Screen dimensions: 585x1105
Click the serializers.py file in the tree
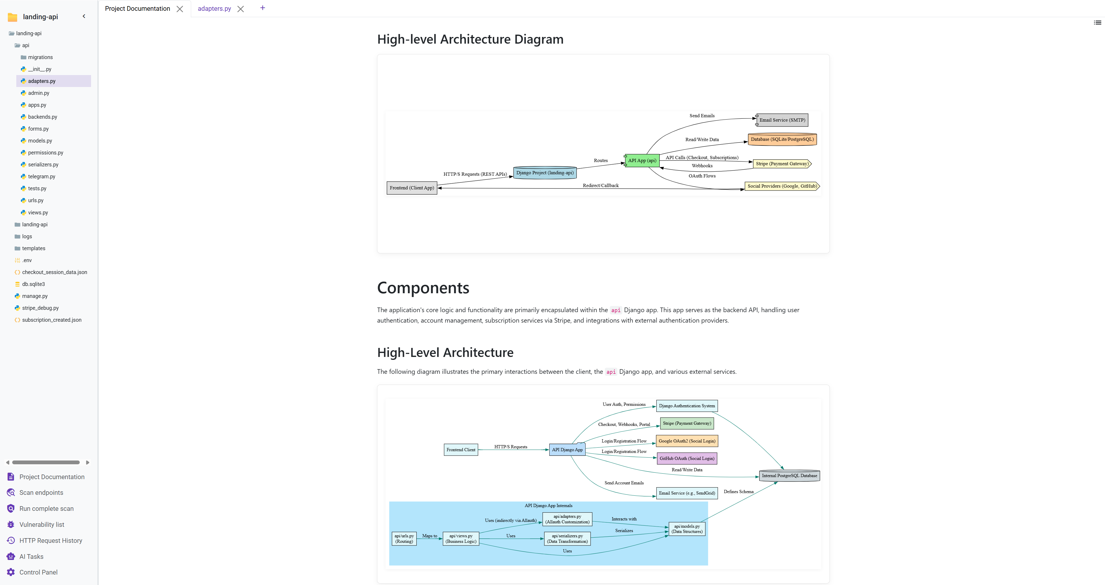(43, 165)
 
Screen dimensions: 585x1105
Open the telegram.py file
(42, 177)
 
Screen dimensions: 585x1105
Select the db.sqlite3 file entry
(33, 284)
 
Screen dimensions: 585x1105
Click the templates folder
(33, 248)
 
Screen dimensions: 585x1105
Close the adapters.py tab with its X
(241, 9)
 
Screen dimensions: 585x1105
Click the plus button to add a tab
(262, 8)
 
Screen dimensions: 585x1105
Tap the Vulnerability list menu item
(42, 524)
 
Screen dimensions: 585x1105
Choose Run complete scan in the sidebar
(46, 509)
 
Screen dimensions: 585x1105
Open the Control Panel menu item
(38, 572)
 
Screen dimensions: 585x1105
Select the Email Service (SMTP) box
(782, 120)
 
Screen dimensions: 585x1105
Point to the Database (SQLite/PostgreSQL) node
(782, 139)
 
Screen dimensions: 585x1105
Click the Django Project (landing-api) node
(545, 173)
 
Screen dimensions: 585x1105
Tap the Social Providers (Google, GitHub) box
(782, 186)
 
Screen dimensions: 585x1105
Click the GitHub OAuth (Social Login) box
(687, 458)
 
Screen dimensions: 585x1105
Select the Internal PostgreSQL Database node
(789, 476)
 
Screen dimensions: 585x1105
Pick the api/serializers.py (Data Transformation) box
(567, 539)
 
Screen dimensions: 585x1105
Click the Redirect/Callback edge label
(601, 186)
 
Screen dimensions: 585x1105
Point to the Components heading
(423, 288)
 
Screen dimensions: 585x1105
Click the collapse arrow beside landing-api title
(84, 16)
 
